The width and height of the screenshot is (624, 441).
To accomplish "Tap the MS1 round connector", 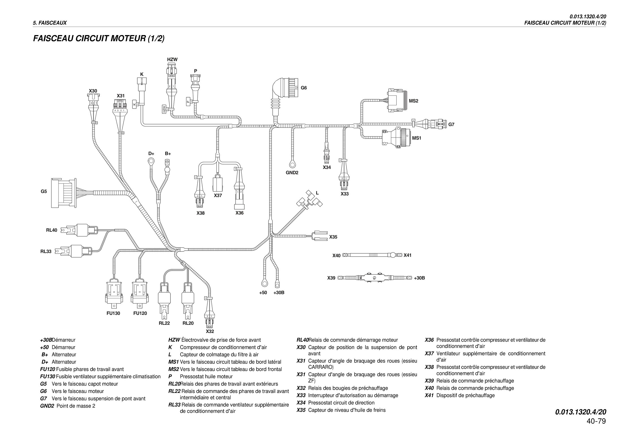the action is pyautogui.click(x=396, y=138).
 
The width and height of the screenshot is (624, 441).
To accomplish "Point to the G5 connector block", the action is pyautogui.click(x=63, y=192).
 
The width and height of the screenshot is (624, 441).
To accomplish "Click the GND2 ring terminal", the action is pyautogui.click(x=292, y=164).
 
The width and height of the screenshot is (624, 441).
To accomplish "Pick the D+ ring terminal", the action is pyautogui.click(x=150, y=162).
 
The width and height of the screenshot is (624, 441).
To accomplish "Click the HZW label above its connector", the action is pyautogui.click(x=172, y=59).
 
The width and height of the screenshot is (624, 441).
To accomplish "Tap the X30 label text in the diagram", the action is pyautogui.click(x=93, y=91).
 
